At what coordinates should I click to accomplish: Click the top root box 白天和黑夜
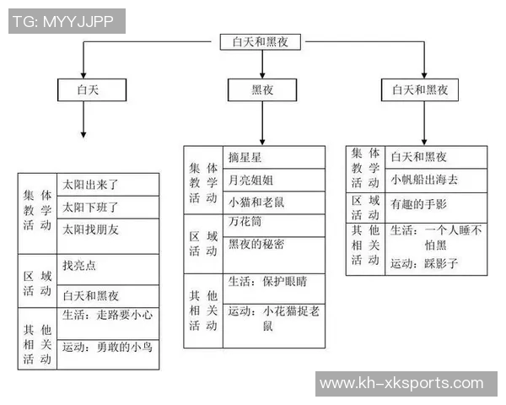point(260,42)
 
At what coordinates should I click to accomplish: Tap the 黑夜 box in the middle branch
point(262,89)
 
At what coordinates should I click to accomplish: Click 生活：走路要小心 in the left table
point(107,316)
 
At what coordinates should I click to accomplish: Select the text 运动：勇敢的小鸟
point(107,346)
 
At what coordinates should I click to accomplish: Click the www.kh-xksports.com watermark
point(406,384)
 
